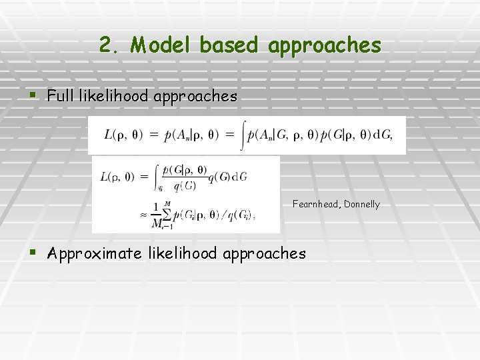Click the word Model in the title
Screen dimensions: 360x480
(x=162, y=45)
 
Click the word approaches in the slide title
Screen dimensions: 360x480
(x=325, y=45)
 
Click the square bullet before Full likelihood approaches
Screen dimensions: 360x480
(x=34, y=96)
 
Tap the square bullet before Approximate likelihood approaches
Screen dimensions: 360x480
(x=34, y=253)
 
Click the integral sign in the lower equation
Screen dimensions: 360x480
(x=157, y=176)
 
